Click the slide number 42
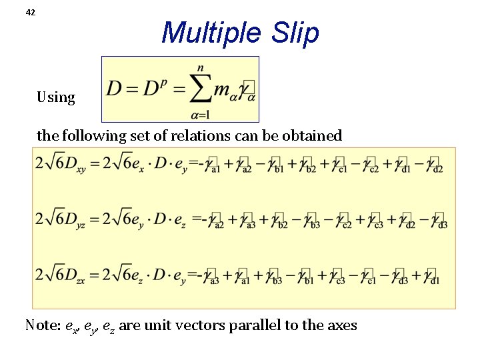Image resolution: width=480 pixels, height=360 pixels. [30, 12]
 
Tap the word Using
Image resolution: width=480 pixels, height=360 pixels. [56, 97]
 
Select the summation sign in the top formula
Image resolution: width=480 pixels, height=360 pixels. [201, 89]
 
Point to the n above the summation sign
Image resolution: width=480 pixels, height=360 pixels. [200, 68]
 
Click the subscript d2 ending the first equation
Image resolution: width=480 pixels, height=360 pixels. [438, 169]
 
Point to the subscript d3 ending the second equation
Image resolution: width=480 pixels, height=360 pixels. [443, 224]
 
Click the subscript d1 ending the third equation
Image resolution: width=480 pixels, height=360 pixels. [435, 280]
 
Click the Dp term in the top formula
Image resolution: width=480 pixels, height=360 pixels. [153, 89]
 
